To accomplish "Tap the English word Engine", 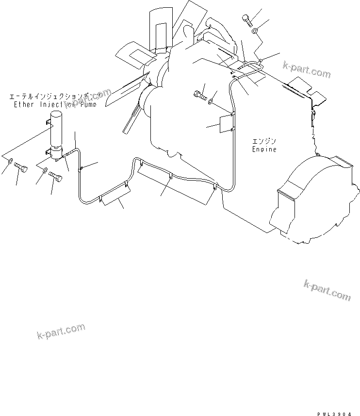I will [264, 150].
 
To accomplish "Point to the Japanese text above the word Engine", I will [263, 141].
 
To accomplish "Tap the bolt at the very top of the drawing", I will [247, 19].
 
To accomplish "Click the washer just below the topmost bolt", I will [255, 32].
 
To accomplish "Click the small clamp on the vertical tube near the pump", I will [81, 168].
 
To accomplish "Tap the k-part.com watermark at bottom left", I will [61, 332].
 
